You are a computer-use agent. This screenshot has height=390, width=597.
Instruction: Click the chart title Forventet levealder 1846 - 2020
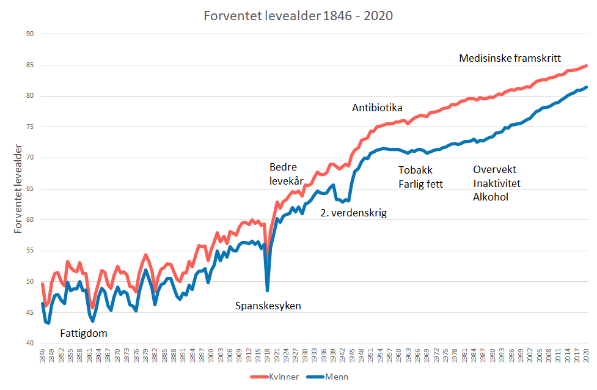tap(298, 15)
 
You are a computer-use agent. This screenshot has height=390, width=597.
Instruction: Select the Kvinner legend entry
tap(282, 377)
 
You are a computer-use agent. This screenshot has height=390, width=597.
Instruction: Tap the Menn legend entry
tap(335, 377)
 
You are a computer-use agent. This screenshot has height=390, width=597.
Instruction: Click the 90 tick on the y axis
tap(29, 34)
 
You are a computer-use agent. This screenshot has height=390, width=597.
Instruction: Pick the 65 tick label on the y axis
tap(29, 188)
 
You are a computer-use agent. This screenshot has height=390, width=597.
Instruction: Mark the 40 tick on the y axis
tap(29, 343)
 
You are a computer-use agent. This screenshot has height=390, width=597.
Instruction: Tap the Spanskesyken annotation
tap(268, 306)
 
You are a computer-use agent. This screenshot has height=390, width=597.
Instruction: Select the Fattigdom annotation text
tap(84, 333)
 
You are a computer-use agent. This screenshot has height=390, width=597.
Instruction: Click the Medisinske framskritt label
tap(510, 58)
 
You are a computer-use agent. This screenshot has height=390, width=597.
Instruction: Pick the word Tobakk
tap(415, 170)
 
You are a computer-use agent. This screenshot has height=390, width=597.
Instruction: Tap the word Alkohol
tap(491, 197)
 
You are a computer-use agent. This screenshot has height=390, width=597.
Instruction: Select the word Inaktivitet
tap(497, 183)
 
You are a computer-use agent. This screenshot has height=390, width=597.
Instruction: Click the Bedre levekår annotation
tap(287, 174)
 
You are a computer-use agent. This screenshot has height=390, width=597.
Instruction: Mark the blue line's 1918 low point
tap(268, 290)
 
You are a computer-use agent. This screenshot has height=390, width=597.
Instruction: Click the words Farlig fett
tap(420, 183)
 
